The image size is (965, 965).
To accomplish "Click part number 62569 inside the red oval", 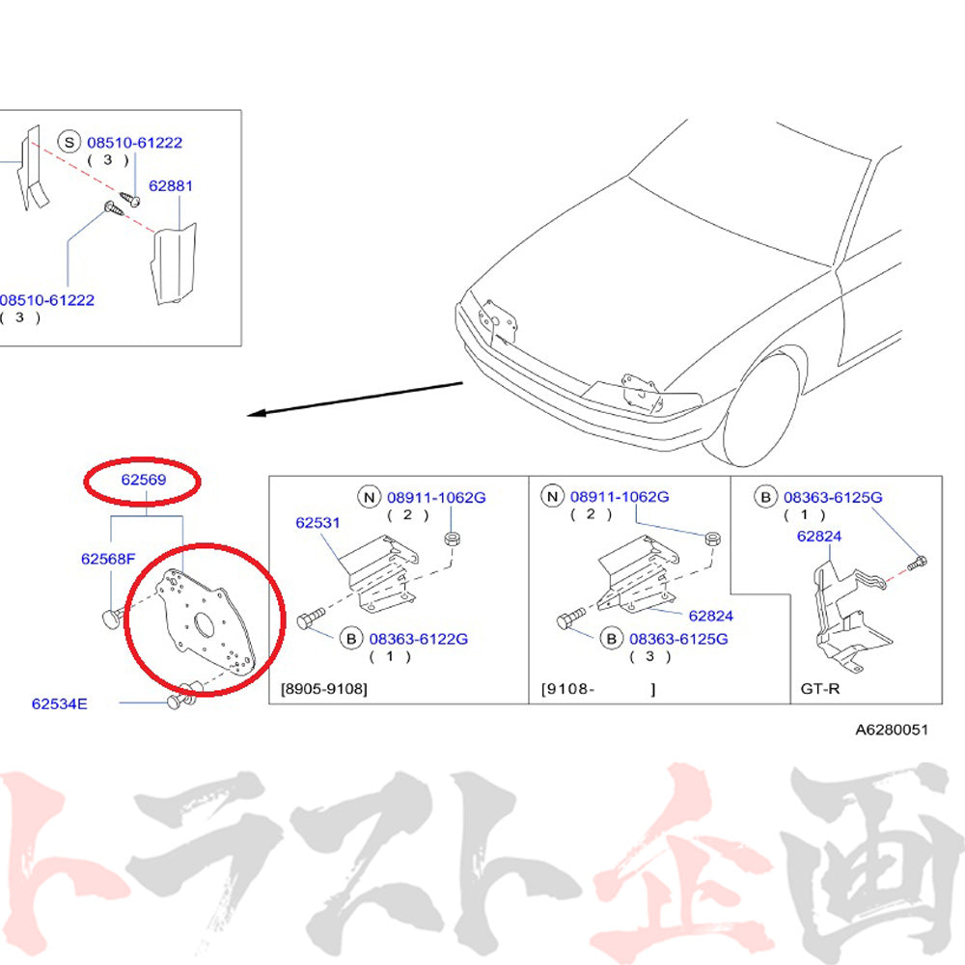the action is [144, 480].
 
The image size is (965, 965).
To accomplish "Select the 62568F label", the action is [108, 559].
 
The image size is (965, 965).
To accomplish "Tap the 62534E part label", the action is [60, 703].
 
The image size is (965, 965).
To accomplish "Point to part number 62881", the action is [171, 186].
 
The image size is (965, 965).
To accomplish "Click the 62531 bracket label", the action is [317, 522].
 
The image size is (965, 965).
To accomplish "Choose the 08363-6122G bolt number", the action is [419, 639].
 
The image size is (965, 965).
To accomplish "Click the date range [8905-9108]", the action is [323, 689].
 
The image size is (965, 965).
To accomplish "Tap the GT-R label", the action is [819, 689].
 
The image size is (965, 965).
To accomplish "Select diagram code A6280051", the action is [891, 730].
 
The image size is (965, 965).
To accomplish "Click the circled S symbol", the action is [69, 143].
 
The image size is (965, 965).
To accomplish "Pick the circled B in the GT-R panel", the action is [765, 497].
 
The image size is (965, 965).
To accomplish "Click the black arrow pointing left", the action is [355, 399].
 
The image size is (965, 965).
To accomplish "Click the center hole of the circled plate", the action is [204, 624].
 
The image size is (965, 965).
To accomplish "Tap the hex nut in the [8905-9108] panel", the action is [453, 539].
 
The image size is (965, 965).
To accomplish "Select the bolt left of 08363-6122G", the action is [311, 618].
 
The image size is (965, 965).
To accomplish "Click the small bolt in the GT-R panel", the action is [917, 563].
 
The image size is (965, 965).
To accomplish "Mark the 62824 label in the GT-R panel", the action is [818, 536].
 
